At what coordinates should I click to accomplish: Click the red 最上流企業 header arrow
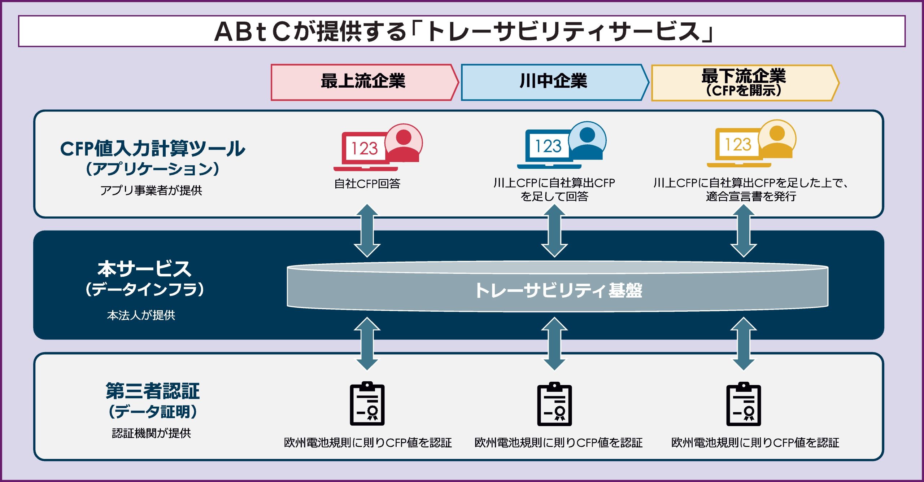point(365,82)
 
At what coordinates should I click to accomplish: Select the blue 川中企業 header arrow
point(555,82)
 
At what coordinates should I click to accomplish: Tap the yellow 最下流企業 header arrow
point(745,83)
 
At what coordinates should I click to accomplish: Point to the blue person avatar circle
point(587,140)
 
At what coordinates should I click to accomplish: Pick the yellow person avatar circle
point(777,139)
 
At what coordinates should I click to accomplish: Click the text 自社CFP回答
point(367,184)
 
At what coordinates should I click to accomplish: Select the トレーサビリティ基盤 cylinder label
point(558,290)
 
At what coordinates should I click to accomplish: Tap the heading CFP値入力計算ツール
point(152,148)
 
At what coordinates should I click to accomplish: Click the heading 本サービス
point(144,269)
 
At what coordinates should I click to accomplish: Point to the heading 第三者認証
point(152,391)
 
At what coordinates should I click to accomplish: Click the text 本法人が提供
point(141,315)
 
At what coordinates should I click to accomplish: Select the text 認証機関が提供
point(152,433)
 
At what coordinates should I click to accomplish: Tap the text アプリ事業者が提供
point(151,190)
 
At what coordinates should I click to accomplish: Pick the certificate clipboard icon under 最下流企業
point(744,404)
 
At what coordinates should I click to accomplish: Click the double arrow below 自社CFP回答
point(367,231)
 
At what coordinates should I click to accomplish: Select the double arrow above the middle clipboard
point(555,343)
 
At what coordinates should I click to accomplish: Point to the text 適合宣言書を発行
point(751,197)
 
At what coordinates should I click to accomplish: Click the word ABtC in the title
point(253,32)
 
